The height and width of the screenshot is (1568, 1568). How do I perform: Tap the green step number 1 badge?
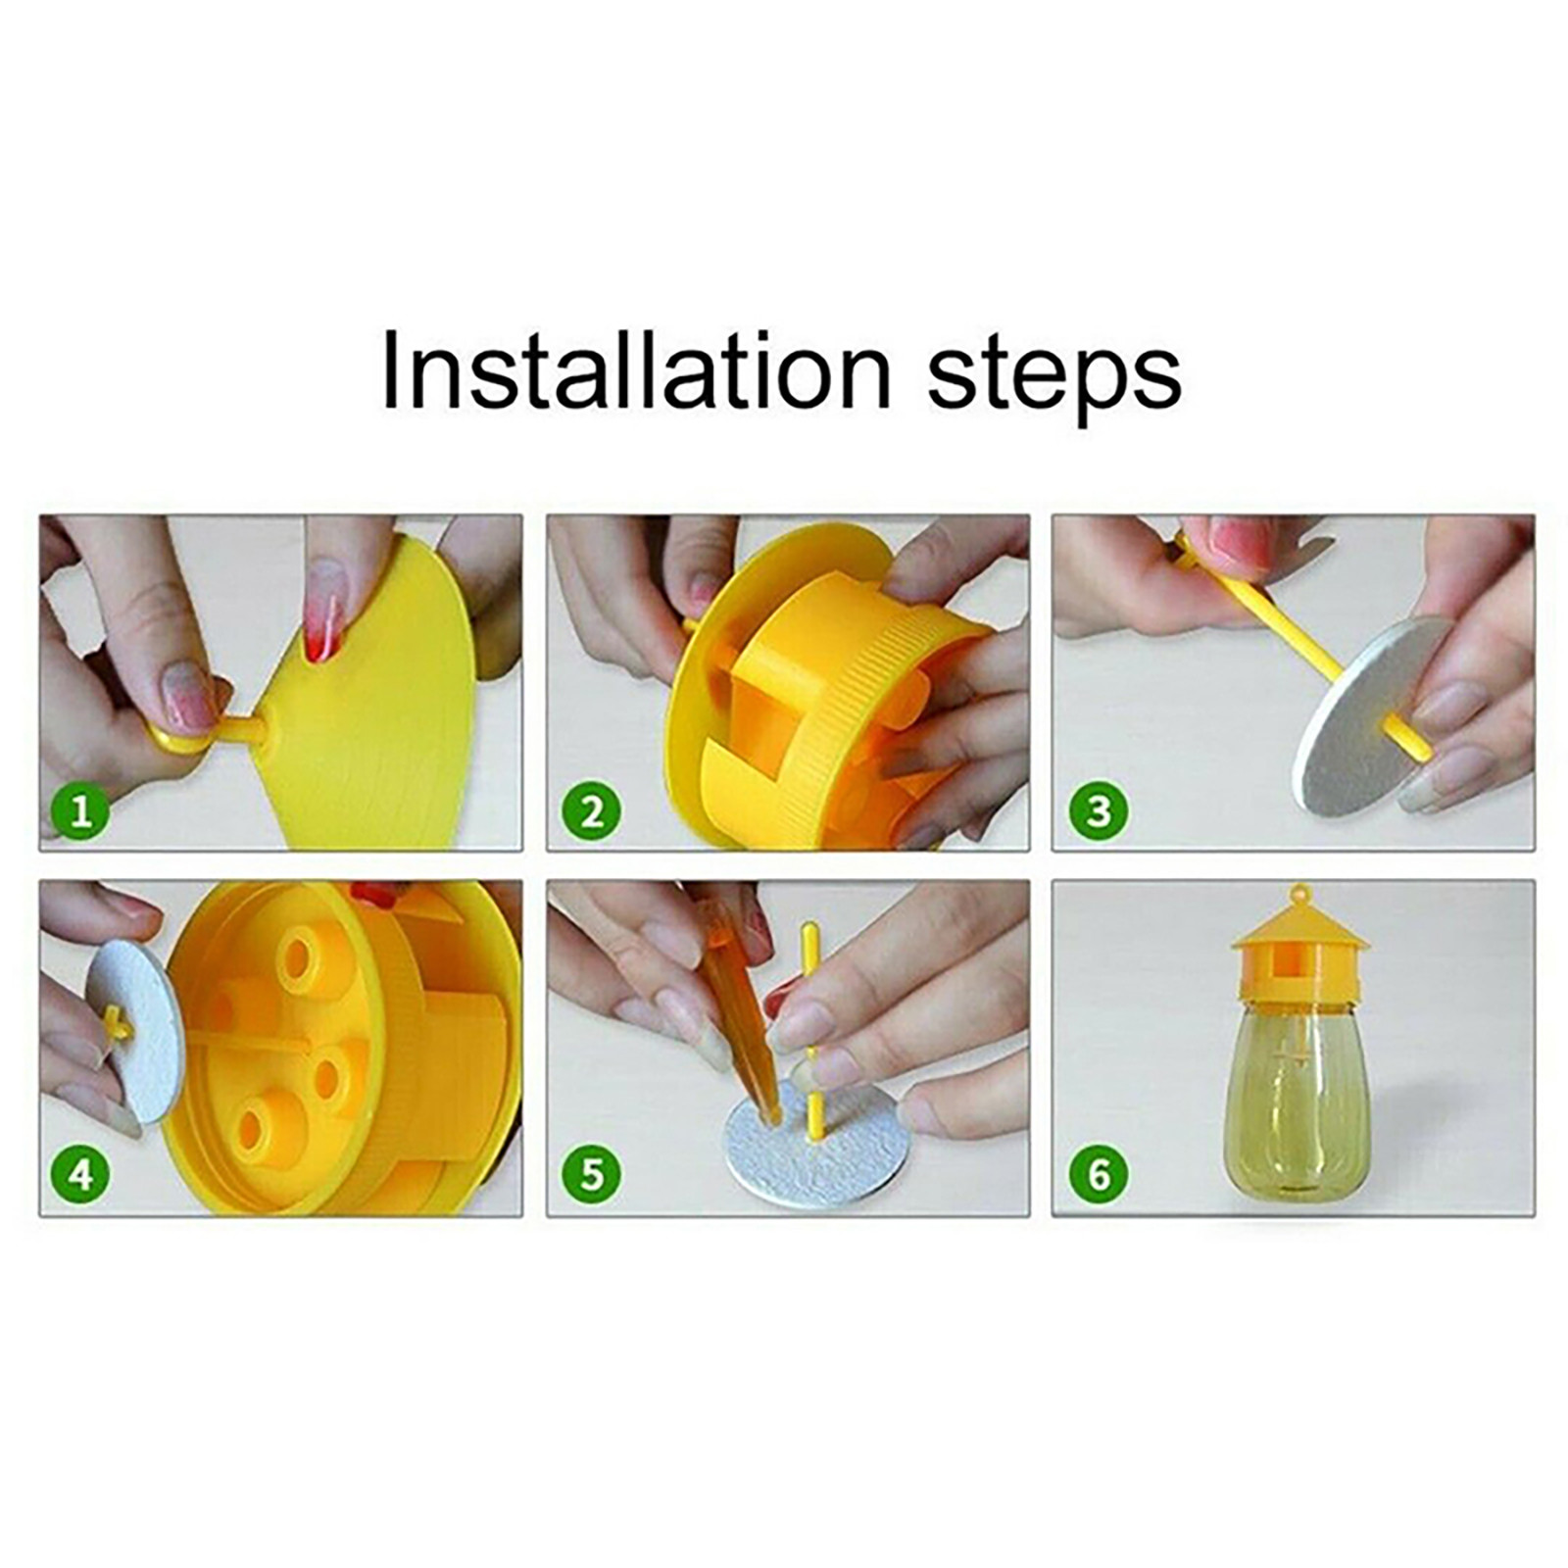point(80,811)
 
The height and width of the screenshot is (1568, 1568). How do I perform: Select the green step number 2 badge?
point(591,811)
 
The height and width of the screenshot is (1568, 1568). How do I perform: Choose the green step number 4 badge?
point(80,1174)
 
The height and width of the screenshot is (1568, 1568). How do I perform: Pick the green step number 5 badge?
point(591,1174)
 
